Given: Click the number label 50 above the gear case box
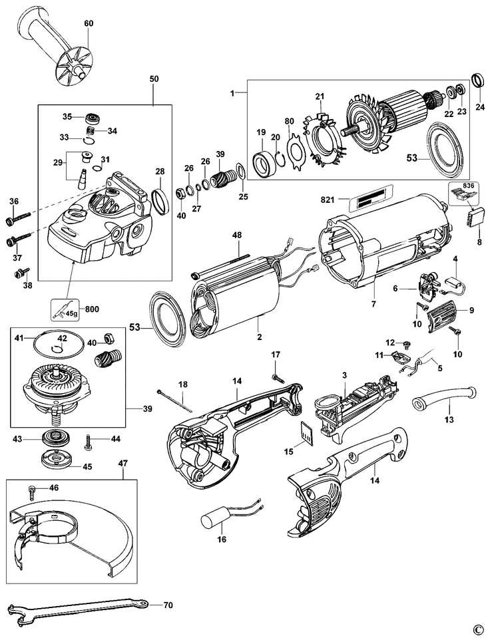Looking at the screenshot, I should click(x=154, y=79).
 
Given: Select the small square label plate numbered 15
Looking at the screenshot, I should click(x=306, y=434).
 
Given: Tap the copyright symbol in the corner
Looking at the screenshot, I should click(x=477, y=629).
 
